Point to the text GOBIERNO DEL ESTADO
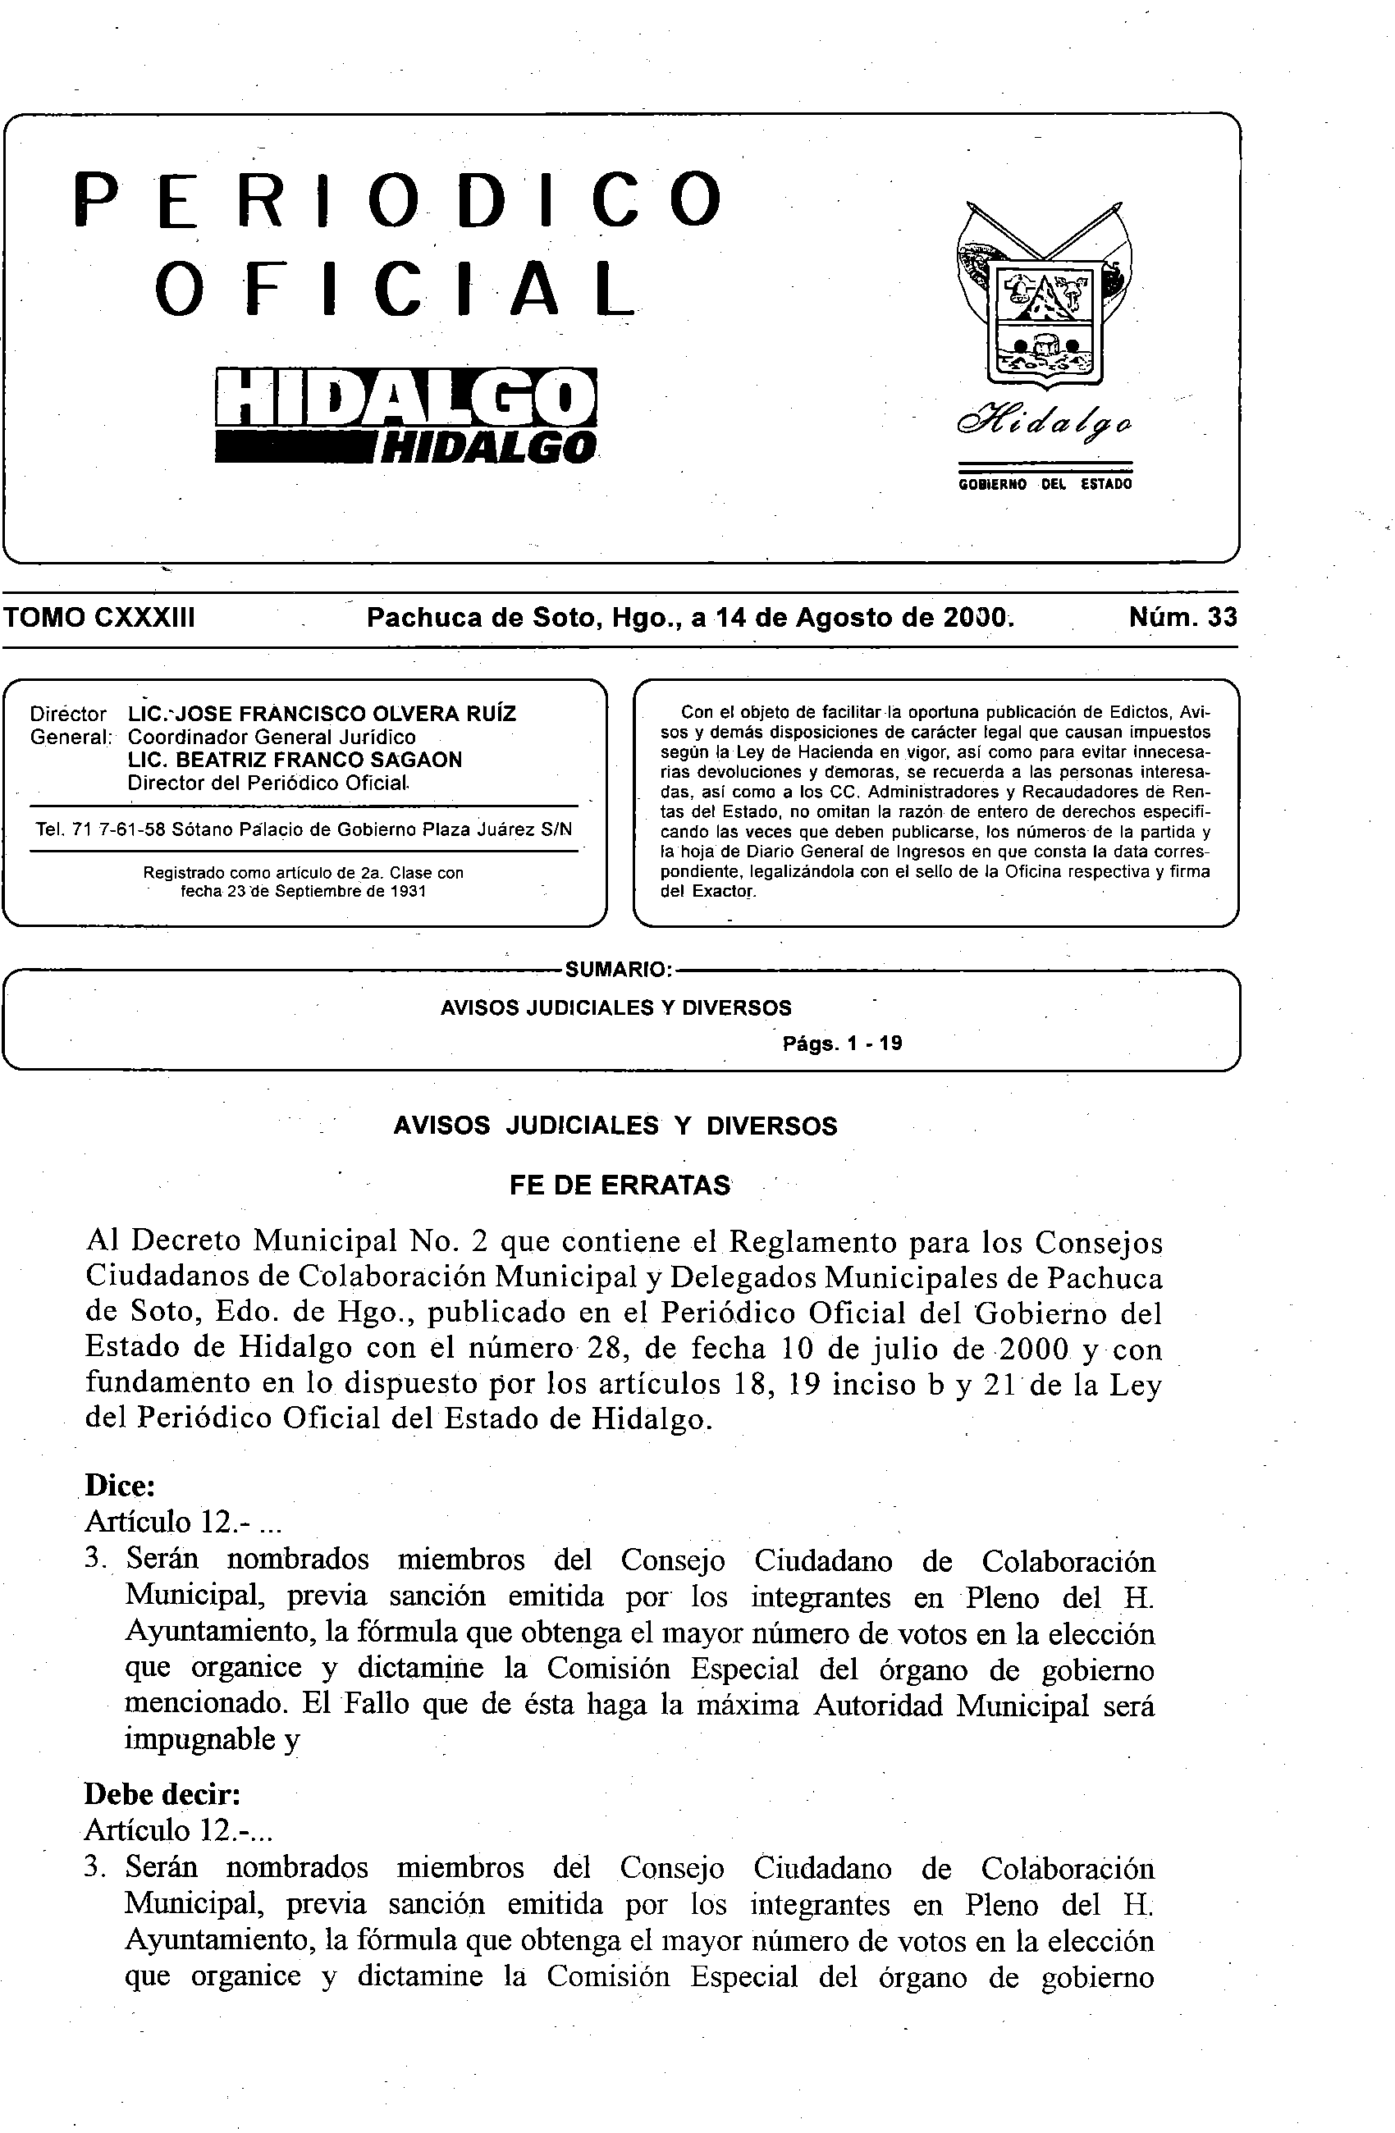point(1045,484)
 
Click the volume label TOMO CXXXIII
point(98,618)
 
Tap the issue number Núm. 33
point(1182,618)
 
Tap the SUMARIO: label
point(618,969)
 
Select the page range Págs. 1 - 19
point(842,1044)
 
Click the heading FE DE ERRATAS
point(620,1185)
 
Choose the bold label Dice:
point(121,1485)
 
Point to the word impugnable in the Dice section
point(201,1738)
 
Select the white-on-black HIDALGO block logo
point(406,397)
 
